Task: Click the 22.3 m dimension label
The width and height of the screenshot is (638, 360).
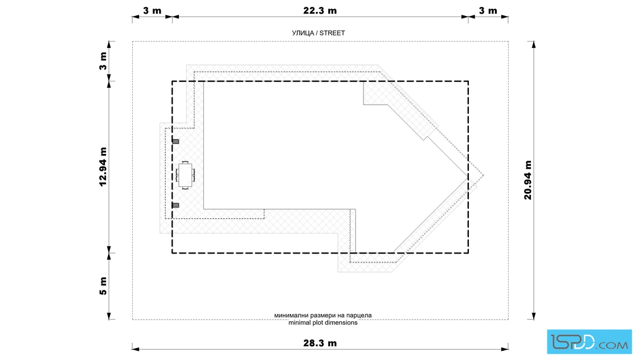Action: pyautogui.click(x=320, y=11)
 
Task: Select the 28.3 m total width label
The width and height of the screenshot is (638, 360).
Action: pyautogui.click(x=320, y=343)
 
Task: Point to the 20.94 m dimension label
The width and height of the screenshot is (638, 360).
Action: pyautogui.click(x=527, y=180)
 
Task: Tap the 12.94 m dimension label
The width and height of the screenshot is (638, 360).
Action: pyautogui.click(x=103, y=167)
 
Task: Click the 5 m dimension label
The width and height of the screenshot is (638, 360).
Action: pyautogui.click(x=103, y=286)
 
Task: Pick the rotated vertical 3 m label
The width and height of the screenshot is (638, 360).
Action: pyautogui.click(x=103, y=61)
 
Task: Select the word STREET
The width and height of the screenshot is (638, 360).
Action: pyautogui.click(x=332, y=33)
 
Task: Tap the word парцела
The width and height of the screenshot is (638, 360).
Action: pyautogui.click(x=359, y=315)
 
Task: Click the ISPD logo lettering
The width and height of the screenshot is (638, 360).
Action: pyautogui.click(x=572, y=342)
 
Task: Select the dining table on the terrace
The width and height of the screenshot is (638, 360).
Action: pyautogui.click(x=185, y=175)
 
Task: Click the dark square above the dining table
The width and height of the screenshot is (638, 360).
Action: pyautogui.click(x=175, y=142)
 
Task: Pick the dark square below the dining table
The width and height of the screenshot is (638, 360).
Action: pyautogui.click(x=175, y=206)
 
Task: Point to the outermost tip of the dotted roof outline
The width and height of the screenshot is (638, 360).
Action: pyautogui.click(x=484, y=176)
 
